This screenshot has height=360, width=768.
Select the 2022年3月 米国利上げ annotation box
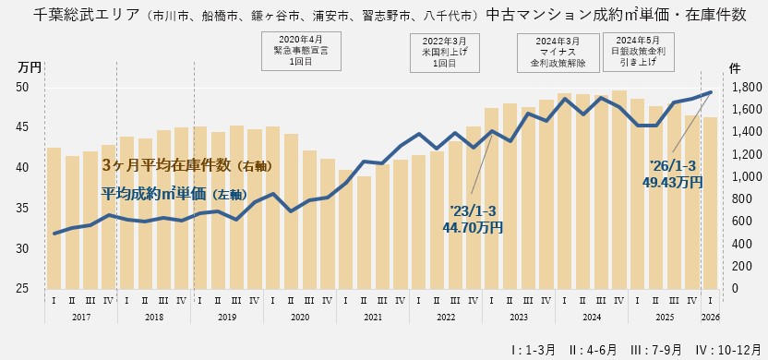click(x=444, y=52)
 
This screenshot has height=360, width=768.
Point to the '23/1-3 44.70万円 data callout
click(x=472, y=219)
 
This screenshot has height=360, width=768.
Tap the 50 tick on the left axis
click(x=25, y=87)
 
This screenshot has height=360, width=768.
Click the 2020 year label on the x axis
click(x=299, y=317)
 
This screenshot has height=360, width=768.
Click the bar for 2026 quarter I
click(x=709, y=202)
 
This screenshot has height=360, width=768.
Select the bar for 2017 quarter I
click(x=54, y=218)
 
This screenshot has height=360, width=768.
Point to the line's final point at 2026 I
click(x=709, y=92)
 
